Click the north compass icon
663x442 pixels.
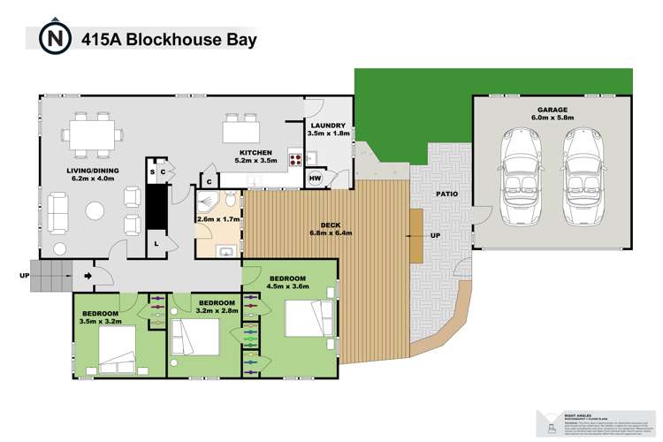click(x=55, y=39)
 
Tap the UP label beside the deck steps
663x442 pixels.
click(x=436, y=237)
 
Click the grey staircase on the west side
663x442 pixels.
click(x=49, y=275)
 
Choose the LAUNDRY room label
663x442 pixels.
click(x=329, y=126)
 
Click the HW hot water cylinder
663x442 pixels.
click(x=316, y=179)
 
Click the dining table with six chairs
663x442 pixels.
click(x=93, y=135)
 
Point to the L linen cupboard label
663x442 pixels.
click(x=156, y=243)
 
